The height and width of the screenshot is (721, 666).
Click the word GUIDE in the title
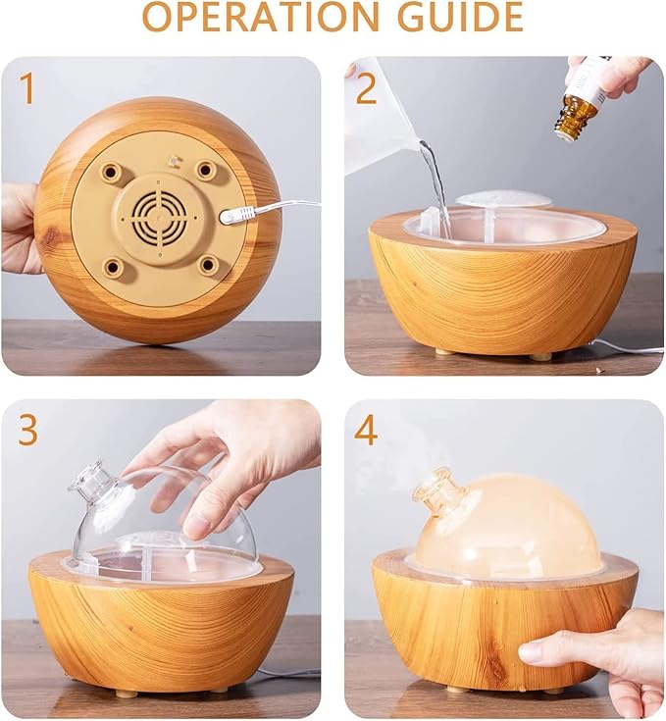click(x=460, y=16)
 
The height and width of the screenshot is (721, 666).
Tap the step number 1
click(x=27, y=88)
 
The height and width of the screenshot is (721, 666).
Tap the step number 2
click(x=366, y=88)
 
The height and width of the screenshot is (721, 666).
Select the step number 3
click(x=28, y=430)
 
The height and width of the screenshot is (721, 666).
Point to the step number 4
click(x=366, y=430)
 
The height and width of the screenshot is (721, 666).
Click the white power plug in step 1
click(x=236, y=215)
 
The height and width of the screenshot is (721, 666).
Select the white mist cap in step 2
click(x=502, y=199)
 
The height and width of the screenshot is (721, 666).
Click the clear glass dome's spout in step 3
click(x=93, y=482)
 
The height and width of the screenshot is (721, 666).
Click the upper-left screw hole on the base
click(x=111, y=172)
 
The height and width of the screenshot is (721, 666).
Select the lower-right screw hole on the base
click(x=208, y=265)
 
